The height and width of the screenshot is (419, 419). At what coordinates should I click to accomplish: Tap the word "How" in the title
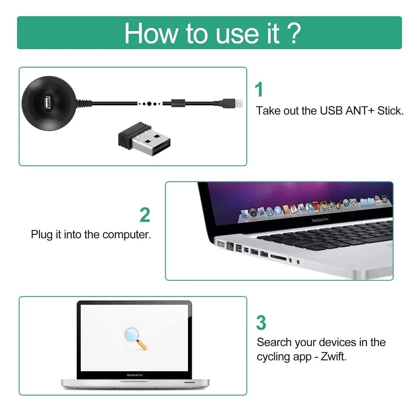(x=151, y=34)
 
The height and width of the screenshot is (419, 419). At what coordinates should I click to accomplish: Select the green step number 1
(x=259, y=90)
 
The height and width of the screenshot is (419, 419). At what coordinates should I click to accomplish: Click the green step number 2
(x=145, y=215)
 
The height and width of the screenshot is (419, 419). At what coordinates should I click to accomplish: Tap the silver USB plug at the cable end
(x=238, y=103)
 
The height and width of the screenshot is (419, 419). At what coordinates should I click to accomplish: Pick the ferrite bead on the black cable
(x=178, y=103)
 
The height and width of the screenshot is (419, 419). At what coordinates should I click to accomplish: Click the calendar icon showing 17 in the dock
(x=293, y=209)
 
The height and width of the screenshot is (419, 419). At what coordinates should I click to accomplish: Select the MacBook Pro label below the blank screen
(x=135, y=375)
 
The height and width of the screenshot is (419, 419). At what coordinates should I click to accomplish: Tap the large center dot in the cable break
(x=149, y=104)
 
